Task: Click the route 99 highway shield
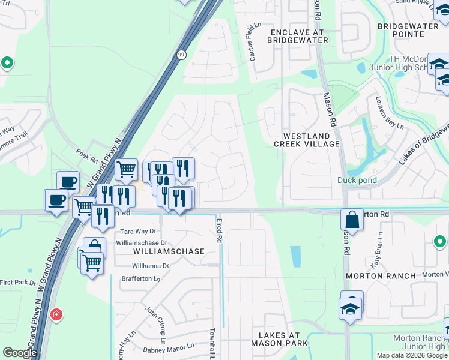click(x=181, y=55)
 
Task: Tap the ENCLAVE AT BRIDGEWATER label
click(x=299, y=36)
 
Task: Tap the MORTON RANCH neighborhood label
click(x=380, y=276)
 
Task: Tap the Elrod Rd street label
click(x=220, y=230)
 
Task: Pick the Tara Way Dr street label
click(x=138, y=231)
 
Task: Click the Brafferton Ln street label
click(x=141, y=279)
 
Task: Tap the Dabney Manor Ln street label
click(x=169, y=347)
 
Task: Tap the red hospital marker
click(x=56, y=314)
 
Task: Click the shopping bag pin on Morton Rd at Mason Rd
click(x=352, y=220)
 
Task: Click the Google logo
click(x=20, y=353)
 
